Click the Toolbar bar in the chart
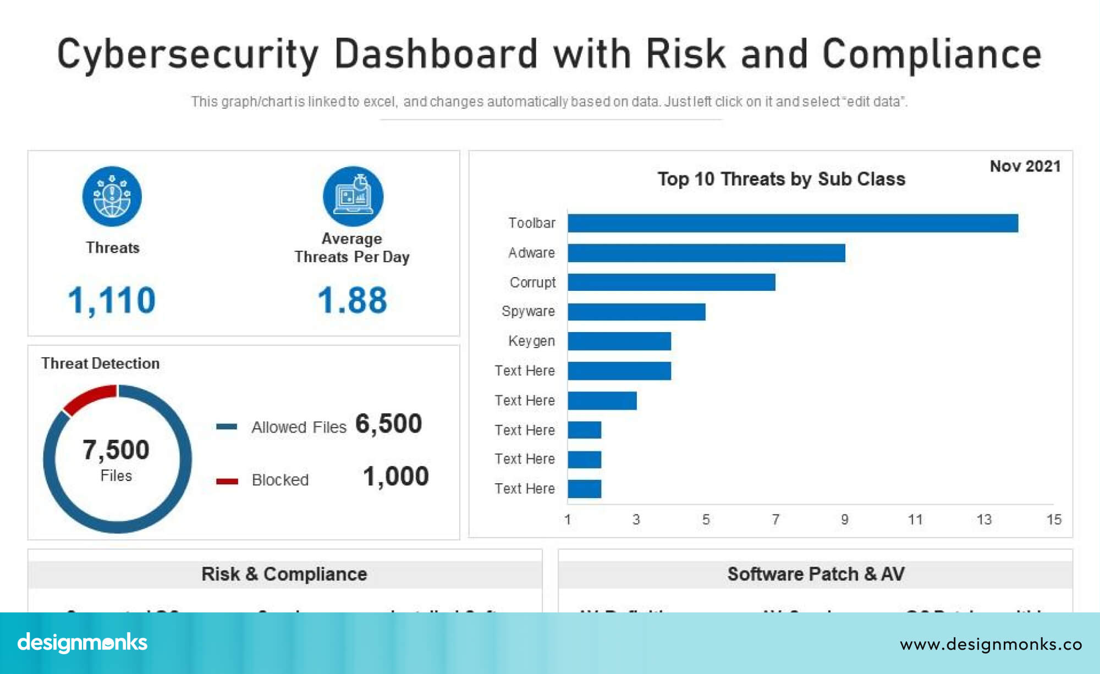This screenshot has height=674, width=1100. click(x=792, y=223)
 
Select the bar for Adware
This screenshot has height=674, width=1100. click(x=706, y=253)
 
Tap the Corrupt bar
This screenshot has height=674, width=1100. click(x=671, y=282)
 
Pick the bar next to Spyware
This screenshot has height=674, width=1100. click(x=636, y=312)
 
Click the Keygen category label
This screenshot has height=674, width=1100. click(x=531, y=341)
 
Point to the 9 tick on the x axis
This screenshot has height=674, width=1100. click(x=844, y=520)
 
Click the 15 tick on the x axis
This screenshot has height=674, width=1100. click(x=1053, y=520)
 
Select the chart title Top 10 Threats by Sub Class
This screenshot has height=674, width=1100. click(x=781, y=179)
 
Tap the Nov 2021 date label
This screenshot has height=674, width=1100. click(x=1025, y=166)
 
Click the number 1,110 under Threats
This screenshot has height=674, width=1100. click(x=112, y=300)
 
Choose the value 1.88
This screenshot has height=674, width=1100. click(x=352, y=300)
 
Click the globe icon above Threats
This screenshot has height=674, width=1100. click(x=112, y=196)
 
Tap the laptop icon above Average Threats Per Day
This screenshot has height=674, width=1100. click(x=353, y=196)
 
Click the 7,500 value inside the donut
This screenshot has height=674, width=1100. click(x=116, y=450)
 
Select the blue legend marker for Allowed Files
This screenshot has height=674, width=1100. click(x=227, y=427)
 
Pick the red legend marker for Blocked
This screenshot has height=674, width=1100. click(x=227, y=481)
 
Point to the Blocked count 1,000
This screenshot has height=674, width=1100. click(x=395, y=476)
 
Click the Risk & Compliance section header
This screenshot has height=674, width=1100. click(x=284, y=574)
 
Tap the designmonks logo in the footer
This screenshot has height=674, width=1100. click(x=82, y=643)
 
